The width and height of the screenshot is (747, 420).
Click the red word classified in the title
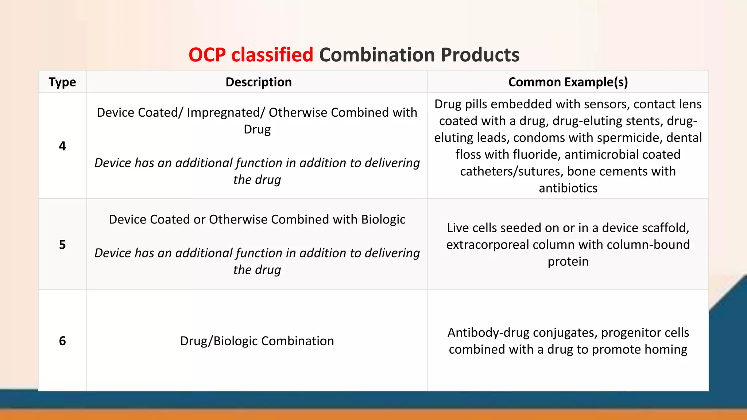point(272,55)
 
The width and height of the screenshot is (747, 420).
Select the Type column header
point(62,82)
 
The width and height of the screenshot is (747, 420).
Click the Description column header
point(259,82)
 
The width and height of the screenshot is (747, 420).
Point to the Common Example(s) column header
point(568,82)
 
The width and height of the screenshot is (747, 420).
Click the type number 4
point(62,146)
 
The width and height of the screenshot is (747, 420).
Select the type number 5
point(62,245)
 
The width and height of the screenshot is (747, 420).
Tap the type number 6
point(62,341)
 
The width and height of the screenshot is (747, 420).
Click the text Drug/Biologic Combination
point(257,341)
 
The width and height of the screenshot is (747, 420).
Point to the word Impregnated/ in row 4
point(226,113)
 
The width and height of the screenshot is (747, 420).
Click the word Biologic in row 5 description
point(383,219)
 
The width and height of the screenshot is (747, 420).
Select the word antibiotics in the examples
point(568,188)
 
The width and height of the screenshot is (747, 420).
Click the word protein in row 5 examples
point(568,261)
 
